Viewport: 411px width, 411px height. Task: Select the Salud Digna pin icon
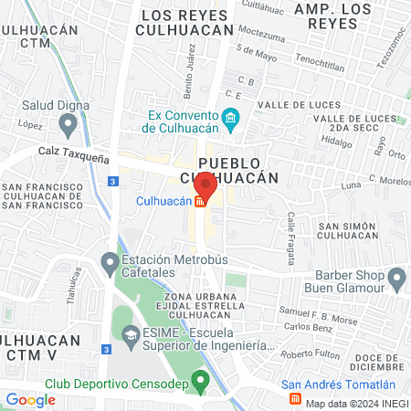pos(12,106)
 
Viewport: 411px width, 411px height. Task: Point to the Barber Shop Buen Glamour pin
pos(396,277)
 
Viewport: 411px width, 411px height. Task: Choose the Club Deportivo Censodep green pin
pos(201,380)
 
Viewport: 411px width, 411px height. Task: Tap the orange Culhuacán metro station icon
pos(199,202)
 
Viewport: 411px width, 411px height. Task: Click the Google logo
pos(30,399)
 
